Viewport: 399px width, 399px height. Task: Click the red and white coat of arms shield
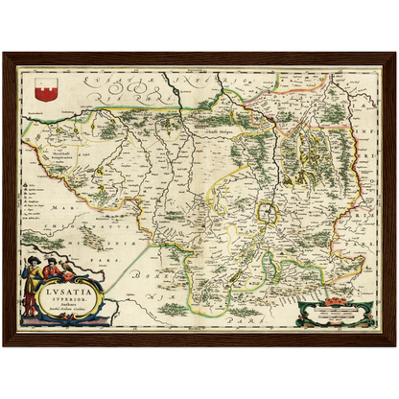40,89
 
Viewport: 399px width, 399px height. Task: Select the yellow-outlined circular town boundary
271,213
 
